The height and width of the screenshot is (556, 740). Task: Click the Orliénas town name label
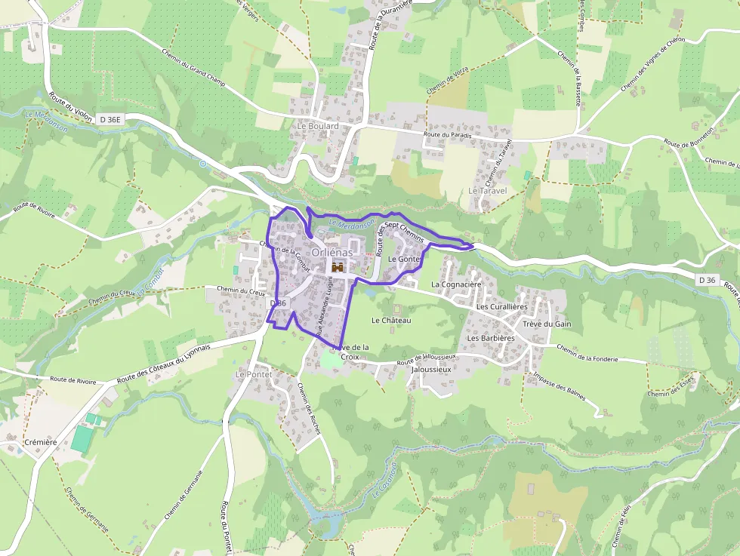tap(332, 253)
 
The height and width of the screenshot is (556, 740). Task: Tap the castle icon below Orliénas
tap(338, 268)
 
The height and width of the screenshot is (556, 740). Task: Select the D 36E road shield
tap(109, 119)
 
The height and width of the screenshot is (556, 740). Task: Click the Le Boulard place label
tap(318, 126)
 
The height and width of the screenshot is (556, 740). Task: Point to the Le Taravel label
tap(487, 191)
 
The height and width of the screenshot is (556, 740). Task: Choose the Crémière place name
tap(41, 442)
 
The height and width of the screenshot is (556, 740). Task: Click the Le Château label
tap(391, 321)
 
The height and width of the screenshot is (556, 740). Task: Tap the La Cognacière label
tap(456, 284)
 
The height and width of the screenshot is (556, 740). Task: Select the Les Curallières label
tap(501, 307)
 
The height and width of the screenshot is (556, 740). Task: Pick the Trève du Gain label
tap(547, 324)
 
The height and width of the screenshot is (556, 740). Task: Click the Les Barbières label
tap(491, 339)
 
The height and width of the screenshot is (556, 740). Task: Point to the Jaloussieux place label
tap(430, 370)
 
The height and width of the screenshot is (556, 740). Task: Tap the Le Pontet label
tap(253, 374)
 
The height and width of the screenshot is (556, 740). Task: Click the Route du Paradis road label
tap(447, 134)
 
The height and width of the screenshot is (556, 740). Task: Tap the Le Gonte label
tap(403, 259)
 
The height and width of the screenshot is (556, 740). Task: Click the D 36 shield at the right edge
tap(707, 280)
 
